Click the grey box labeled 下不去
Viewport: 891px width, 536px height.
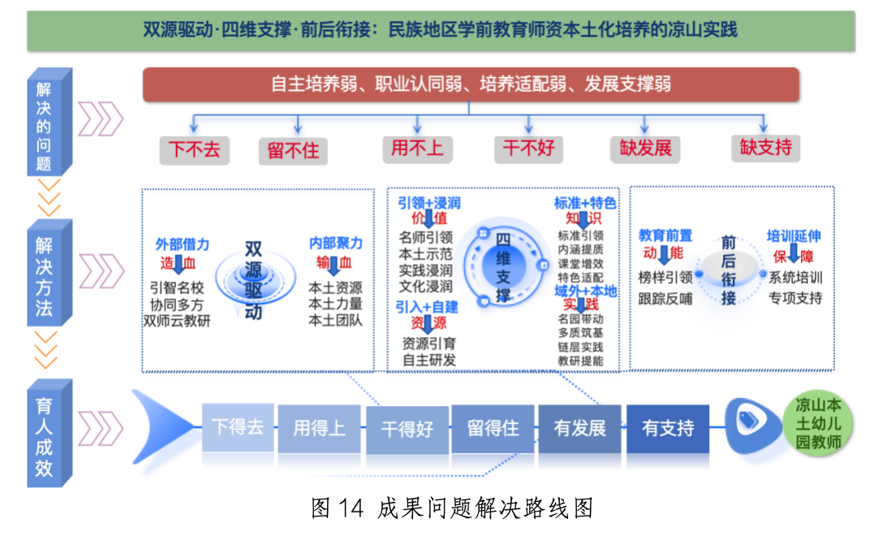click(194, 150)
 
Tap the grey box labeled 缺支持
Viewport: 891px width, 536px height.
click(765, 148)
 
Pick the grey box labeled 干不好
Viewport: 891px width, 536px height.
click(528, 148)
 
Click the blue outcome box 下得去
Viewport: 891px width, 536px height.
click(238, 427)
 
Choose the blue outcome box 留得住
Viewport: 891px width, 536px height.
click(493, 428)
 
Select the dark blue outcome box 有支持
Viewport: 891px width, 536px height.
click(668, 428)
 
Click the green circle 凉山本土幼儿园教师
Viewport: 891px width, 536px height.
click(818, 423)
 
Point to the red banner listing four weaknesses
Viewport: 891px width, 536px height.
click(471, 84)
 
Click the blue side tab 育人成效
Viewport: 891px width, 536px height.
click(45, 434)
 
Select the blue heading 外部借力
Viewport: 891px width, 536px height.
click(183, 244)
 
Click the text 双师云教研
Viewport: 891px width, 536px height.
click(176, 320)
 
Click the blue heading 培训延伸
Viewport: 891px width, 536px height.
click(794, 236)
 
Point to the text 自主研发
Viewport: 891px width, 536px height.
click(428, 360)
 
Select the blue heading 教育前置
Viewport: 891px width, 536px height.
click(665, 236)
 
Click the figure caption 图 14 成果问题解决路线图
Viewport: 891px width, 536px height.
click(453, 508)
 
